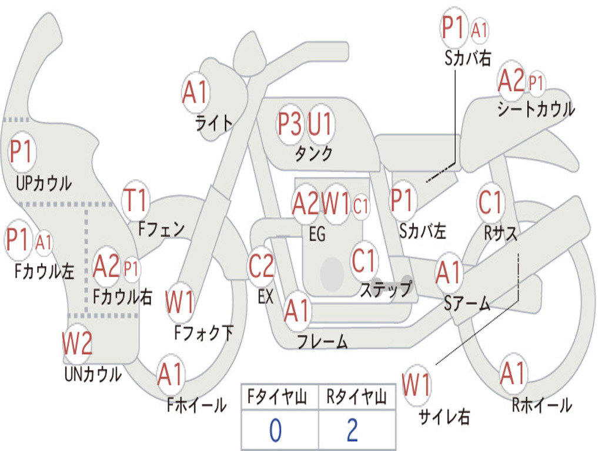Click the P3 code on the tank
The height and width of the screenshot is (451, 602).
[289, 124]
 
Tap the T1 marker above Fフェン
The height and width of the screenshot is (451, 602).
[135, 200]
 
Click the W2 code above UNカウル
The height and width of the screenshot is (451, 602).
[77, 343]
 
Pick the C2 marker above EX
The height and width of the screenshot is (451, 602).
[261, 266]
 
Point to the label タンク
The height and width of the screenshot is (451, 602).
[314, 153]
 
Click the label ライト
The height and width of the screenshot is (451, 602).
[214, 123]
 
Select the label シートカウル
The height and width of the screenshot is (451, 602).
[536, 109]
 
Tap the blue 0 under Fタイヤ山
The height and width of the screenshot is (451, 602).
[275, 430]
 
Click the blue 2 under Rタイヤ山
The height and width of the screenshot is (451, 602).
[353, 430]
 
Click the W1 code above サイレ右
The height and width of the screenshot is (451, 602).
[417, 385]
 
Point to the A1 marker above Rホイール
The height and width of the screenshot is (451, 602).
[513, 373]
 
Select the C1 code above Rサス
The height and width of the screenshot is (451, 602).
[490, 202]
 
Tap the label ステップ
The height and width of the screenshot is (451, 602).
[386, 289]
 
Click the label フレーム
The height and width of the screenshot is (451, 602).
[323, 341]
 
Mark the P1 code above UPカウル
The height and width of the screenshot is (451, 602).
[22, 151]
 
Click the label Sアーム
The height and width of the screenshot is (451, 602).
[467, 304]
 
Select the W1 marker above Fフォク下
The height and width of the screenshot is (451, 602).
[180, 302]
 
